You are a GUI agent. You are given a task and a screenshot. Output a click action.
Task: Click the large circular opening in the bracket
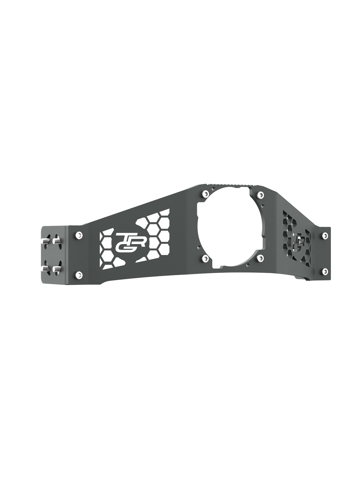[x=230, y=225]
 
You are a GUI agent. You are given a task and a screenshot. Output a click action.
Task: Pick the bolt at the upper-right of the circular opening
[x=260, y=195]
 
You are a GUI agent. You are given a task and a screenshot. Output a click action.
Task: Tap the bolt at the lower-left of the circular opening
[x=205, y=258]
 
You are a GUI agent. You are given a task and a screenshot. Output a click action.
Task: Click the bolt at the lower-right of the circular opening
[x=260, y=258]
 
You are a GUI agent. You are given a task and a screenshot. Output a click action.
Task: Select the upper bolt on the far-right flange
[x=324, y=234]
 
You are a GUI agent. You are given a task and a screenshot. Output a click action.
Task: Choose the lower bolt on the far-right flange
[x=324, y=271]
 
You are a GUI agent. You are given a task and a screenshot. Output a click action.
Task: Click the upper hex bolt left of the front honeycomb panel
[x=78, y=235]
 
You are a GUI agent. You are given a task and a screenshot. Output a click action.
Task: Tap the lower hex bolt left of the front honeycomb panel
[x=78, y=275]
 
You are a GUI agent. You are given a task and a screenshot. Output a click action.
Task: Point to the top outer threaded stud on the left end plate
[x=45, y=241]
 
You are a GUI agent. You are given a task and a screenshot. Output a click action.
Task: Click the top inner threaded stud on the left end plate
[x=56, y=242]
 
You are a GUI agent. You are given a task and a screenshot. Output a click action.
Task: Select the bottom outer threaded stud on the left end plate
[x=45, y=269]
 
